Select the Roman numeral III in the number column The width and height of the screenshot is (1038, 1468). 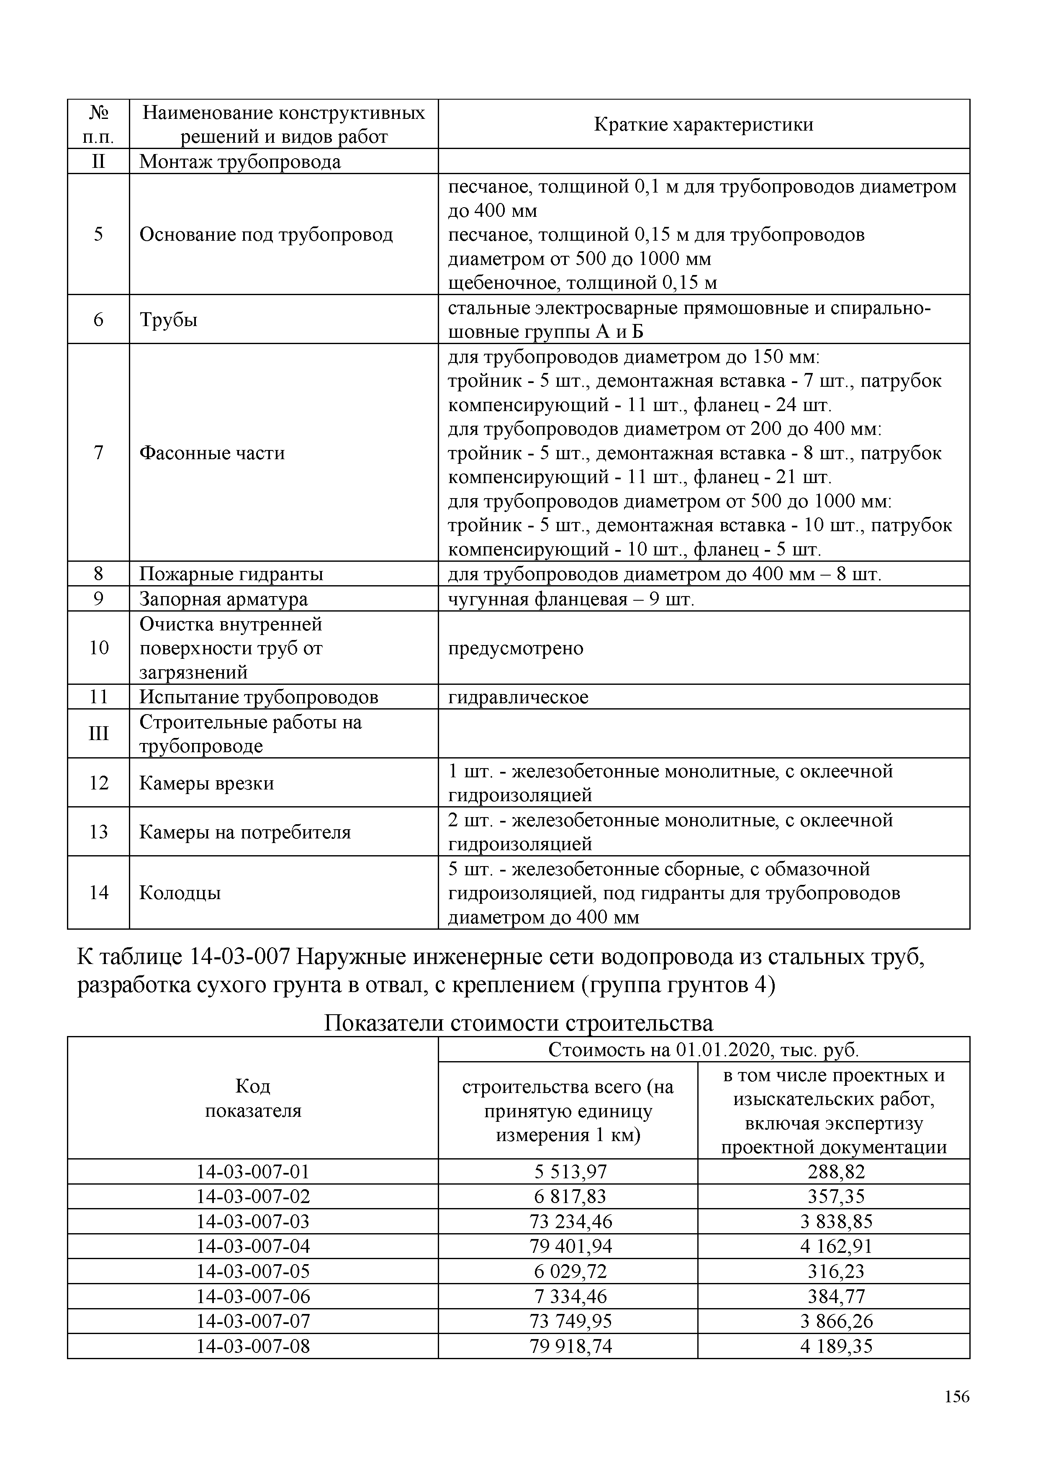tap(98, 733)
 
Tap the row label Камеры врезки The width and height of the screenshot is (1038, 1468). tap(206, 783)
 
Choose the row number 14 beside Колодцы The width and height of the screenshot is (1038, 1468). tap(98, 892)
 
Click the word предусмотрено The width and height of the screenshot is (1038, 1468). tap(515, 648)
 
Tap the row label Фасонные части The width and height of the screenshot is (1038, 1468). tap(211, 453)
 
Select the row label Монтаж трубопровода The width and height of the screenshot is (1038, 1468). tap(240, 162)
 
